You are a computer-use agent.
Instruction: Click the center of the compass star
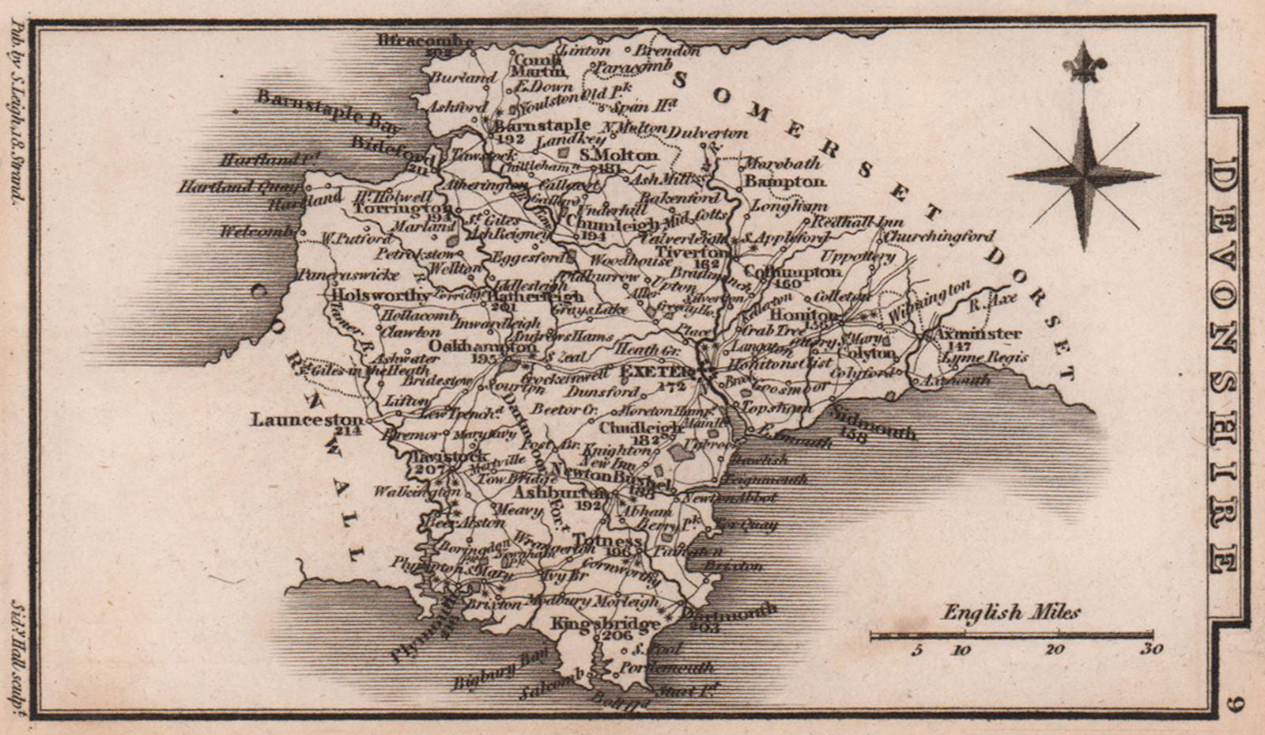click(1082, 174)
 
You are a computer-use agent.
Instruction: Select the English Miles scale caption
click(1010, 612)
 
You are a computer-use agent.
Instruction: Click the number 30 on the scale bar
click(1152, 650)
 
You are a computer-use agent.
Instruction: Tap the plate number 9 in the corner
click(1237, 702)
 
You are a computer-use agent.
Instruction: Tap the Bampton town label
click(785, 181)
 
